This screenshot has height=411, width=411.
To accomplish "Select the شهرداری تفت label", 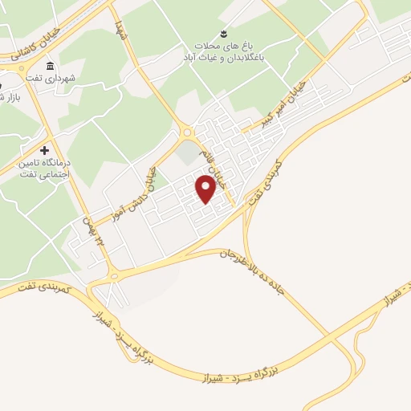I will (x=71, y=78).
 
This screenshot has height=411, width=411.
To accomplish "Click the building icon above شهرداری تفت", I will (x=51, y=65).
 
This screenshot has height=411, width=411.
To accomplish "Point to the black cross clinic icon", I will (x=44, y=149).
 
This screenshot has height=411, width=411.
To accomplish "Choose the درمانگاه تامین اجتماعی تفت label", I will (x=45, y=167).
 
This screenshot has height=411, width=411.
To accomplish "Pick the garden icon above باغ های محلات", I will (x=224, y=32).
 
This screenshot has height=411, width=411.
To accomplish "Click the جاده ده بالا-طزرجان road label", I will (x=258, y=274).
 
